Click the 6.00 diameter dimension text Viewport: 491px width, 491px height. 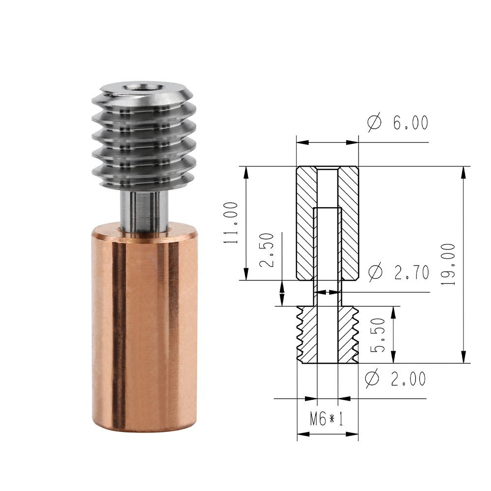click(x=410, y=122)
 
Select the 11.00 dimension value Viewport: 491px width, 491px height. click(x=231, y=222)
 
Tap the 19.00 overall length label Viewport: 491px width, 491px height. click(x=448, y=264)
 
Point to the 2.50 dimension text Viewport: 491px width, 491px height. click(x=267, y=249)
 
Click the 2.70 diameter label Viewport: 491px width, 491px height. click(x=411, y=272)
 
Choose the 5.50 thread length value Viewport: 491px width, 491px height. click(x=378, y=335)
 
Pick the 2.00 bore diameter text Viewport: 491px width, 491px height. click(x=409, y=379)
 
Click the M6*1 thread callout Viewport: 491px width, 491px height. click(x=327, y=419)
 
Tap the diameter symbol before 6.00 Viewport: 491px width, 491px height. click(x=375, y=122)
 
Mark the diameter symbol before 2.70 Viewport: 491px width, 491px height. click(x=376, y=272)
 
